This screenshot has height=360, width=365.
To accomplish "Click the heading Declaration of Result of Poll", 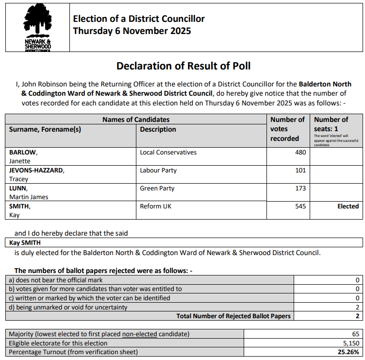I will pos(183,66).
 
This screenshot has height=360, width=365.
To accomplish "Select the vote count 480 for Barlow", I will pos(300,153).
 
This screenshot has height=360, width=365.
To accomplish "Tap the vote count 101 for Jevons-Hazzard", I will pos(300,171).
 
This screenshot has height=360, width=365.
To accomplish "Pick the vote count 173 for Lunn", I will pos(300,189).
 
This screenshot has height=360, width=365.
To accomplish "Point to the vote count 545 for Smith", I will pos(300,206).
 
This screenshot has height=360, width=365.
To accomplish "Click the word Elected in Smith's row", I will pos(348,206).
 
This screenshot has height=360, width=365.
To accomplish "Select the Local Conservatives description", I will pos(168,153).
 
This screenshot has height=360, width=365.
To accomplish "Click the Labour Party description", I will pos(158,171).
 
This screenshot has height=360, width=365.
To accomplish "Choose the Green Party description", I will pos(157,189).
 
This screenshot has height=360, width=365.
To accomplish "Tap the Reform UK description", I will pos(155,206).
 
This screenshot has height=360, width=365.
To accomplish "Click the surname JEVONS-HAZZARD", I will pos(36,171).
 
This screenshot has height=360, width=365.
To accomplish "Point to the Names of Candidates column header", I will pos(136,120).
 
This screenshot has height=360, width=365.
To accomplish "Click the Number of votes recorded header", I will pos(287,129).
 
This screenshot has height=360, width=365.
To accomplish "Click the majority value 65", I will pos(355,334).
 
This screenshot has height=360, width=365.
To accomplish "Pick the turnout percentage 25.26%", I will pos(349,352).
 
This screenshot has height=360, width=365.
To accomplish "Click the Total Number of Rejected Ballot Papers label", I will pos(233,316).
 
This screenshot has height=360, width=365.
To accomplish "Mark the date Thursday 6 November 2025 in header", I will pos(132,31).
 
